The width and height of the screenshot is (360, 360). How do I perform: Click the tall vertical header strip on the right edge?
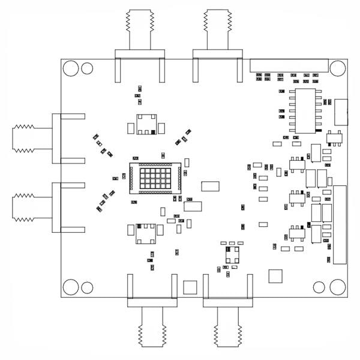(x=340, y=224)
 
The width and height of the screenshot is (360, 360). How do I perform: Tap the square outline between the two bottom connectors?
(x=190, y=287)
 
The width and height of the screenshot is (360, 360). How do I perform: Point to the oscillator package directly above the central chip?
(x=146, y=125)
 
